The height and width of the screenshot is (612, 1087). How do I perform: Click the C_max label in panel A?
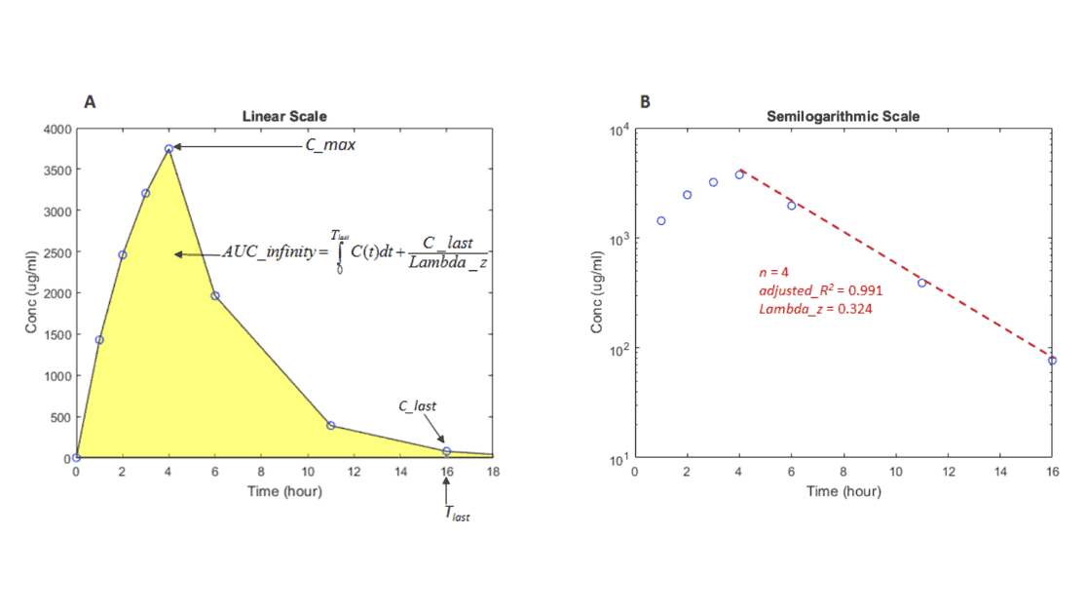tap(330, 145)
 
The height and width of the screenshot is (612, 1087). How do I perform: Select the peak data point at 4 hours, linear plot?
tap(169, 148)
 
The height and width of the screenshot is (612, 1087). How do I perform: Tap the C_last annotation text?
tap(418, 404)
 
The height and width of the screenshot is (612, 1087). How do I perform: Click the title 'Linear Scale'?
tap(284, 117)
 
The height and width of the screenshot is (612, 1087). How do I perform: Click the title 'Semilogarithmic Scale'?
tap(843, 117)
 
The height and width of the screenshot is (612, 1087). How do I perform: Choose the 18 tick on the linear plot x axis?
tap(493, 473)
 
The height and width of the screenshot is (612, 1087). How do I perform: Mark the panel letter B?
tap(645, 101)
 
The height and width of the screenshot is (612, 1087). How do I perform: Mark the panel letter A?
tap(90, 101)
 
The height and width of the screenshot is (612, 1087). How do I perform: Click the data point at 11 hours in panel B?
tap(921, 283)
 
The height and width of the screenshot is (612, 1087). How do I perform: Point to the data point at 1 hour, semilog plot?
tap(661, 220)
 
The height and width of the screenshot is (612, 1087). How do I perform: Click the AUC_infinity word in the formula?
tap(270, 252)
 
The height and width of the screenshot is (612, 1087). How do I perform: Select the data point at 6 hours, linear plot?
tap(215, 295)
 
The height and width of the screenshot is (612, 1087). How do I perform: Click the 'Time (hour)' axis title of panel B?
tap(843, 491)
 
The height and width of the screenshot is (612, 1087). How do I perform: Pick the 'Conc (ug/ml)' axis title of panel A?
tap(32, 292)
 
